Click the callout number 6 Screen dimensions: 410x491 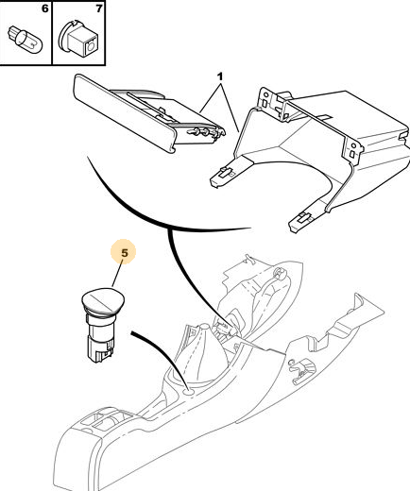(45, 8)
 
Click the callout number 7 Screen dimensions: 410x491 (99, 8)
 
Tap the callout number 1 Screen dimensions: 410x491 (220, 76)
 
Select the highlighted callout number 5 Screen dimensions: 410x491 (125, 253)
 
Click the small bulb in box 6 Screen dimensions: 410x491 (25, 42)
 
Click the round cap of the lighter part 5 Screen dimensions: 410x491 (103, 301)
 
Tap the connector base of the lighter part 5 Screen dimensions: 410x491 (99, 349)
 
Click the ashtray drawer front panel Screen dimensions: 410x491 (125, 114)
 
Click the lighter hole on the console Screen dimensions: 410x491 (188, 392)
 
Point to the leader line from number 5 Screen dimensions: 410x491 (117, 276)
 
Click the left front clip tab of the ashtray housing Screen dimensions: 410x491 (222, 175)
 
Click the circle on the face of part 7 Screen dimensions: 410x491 (91, 47)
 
